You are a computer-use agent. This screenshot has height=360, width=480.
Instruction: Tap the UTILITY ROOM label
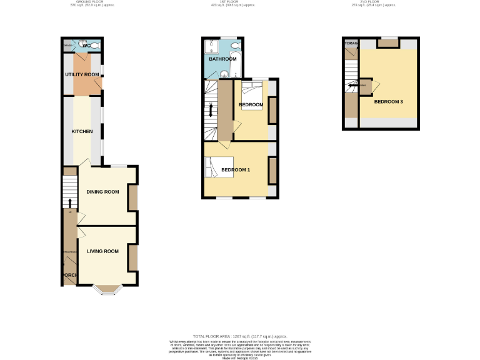click(x=82, y=74)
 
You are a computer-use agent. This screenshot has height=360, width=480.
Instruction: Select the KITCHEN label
click(x=82, y=131)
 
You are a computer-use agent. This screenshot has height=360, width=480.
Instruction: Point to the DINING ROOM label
click(x=102, y=192)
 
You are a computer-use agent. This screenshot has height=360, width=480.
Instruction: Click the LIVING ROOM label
click(x=102, y=251)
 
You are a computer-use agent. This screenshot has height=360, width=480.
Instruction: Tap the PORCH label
click(x=68, y=275)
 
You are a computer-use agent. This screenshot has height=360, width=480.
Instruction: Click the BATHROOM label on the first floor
click(x=222, y=59)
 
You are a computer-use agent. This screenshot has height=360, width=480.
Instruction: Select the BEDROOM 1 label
click(x=236, y=170)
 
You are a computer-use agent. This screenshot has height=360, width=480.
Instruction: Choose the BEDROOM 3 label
click(x=388, y=101)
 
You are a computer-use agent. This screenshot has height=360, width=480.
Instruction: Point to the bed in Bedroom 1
click(x=218, y=167)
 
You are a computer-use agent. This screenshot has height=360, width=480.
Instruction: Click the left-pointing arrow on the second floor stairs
click(x=351, y=86)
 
